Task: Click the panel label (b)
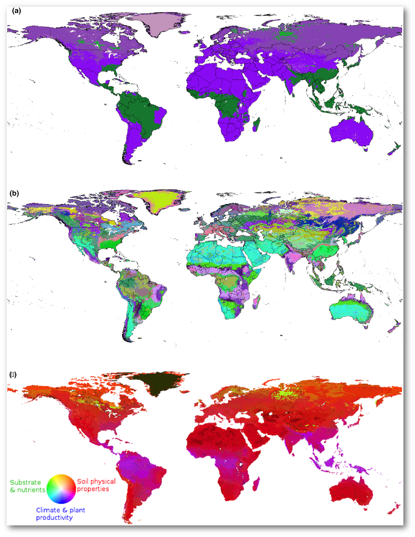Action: (15, 193)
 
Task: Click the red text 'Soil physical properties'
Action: (96, 485)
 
